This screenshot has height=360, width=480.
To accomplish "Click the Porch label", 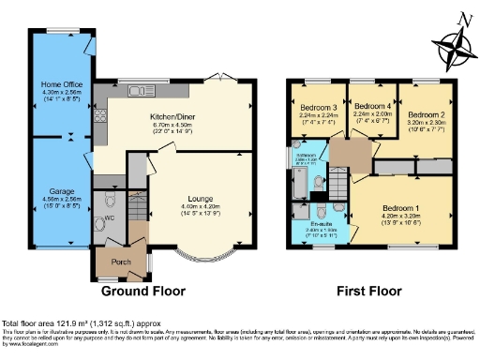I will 121,262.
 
